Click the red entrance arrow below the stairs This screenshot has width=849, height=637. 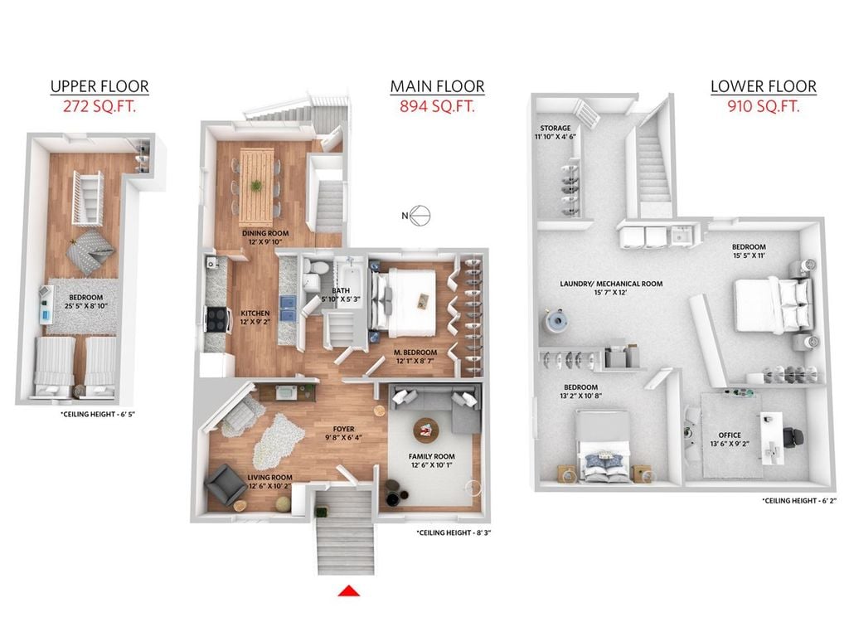(x=349, y=591)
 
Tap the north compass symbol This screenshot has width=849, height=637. (x=417, y=216)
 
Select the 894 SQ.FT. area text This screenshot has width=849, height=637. (x=438, y=106)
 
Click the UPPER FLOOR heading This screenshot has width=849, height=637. (x=99, y=86)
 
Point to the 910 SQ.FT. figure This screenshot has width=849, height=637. (x=764, y=106)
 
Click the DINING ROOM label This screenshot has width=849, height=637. (x=265, y=233)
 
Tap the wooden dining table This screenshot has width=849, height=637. (x=257, y=187)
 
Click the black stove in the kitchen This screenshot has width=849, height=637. (x=216, y=319)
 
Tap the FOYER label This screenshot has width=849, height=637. (x=344, y=429)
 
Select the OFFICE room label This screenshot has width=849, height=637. (x=730, y=435)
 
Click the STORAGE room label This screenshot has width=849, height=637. (x=555, y=129)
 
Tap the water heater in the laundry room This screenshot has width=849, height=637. (x=557, y=321)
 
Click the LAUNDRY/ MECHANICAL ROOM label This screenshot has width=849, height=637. (x=611, y=284)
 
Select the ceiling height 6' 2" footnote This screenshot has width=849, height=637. (x=799, y=501)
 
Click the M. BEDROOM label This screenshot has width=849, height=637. (x=415, y=353)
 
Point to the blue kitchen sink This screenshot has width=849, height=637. (x=288, y=309)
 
